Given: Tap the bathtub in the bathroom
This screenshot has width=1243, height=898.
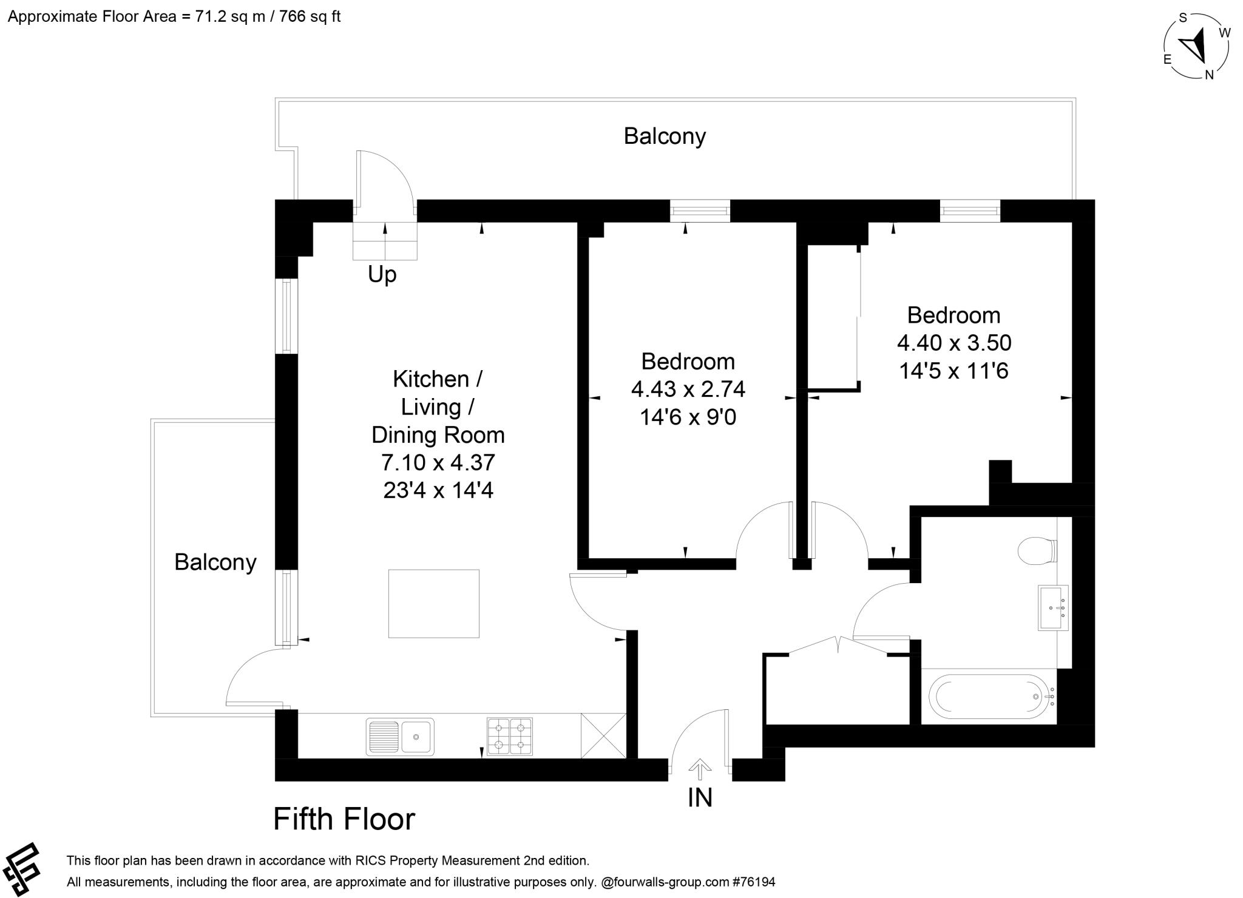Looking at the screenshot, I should coord(989,697).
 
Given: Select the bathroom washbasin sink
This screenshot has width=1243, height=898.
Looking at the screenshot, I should coord(1053,607).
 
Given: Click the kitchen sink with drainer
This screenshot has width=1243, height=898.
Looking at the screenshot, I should coord(400,737).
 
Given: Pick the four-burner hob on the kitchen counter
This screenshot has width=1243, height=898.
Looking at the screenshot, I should coord(510,736).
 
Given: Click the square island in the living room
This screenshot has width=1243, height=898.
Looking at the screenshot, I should coord(433,603).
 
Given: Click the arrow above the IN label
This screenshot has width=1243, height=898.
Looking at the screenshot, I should coord(700,769).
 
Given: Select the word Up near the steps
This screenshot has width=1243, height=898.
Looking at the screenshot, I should coord(382,274).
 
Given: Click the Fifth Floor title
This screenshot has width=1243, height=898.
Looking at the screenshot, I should coord(344,819).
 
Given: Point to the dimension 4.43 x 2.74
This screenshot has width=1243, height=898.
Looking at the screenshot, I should coord(688,389).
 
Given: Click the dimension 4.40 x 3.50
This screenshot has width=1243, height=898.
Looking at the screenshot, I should coord(953,343).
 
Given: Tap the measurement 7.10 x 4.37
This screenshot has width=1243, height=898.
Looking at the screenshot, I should coord(438,462).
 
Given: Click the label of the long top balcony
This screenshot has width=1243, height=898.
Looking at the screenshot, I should coord(664,136).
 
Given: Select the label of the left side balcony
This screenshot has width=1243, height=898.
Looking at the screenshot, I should coord(215,562).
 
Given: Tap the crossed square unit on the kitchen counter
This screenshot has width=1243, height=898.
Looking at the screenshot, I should coord(603,735).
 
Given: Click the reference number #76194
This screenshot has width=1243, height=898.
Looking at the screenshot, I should coord(754,882).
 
